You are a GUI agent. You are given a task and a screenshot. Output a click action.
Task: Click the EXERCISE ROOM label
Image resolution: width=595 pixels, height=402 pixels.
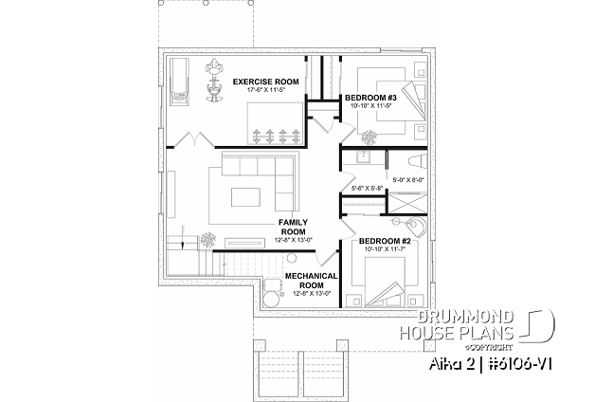click(266, 82)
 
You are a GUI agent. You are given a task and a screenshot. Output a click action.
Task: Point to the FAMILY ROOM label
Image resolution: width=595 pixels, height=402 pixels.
click(291, 226)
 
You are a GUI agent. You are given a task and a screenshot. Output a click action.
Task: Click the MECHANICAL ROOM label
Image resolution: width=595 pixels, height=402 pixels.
click(312, 280)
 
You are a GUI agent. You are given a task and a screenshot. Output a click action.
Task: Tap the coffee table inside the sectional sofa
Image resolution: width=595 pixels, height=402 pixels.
click(249, 198)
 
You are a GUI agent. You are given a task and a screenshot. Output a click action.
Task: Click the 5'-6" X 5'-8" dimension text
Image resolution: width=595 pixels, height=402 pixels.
click(366, 188)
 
